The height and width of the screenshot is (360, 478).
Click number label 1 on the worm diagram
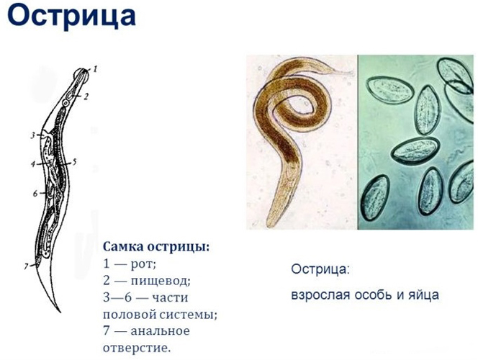[x=95, y=69]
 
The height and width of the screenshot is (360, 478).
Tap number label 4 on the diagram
[x=32, y=164]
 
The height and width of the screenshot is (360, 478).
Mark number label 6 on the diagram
[x=34, y=194]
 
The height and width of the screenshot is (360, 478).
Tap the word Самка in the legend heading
[x=123, y=247]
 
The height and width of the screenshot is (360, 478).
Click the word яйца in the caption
[x=423, y=295]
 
